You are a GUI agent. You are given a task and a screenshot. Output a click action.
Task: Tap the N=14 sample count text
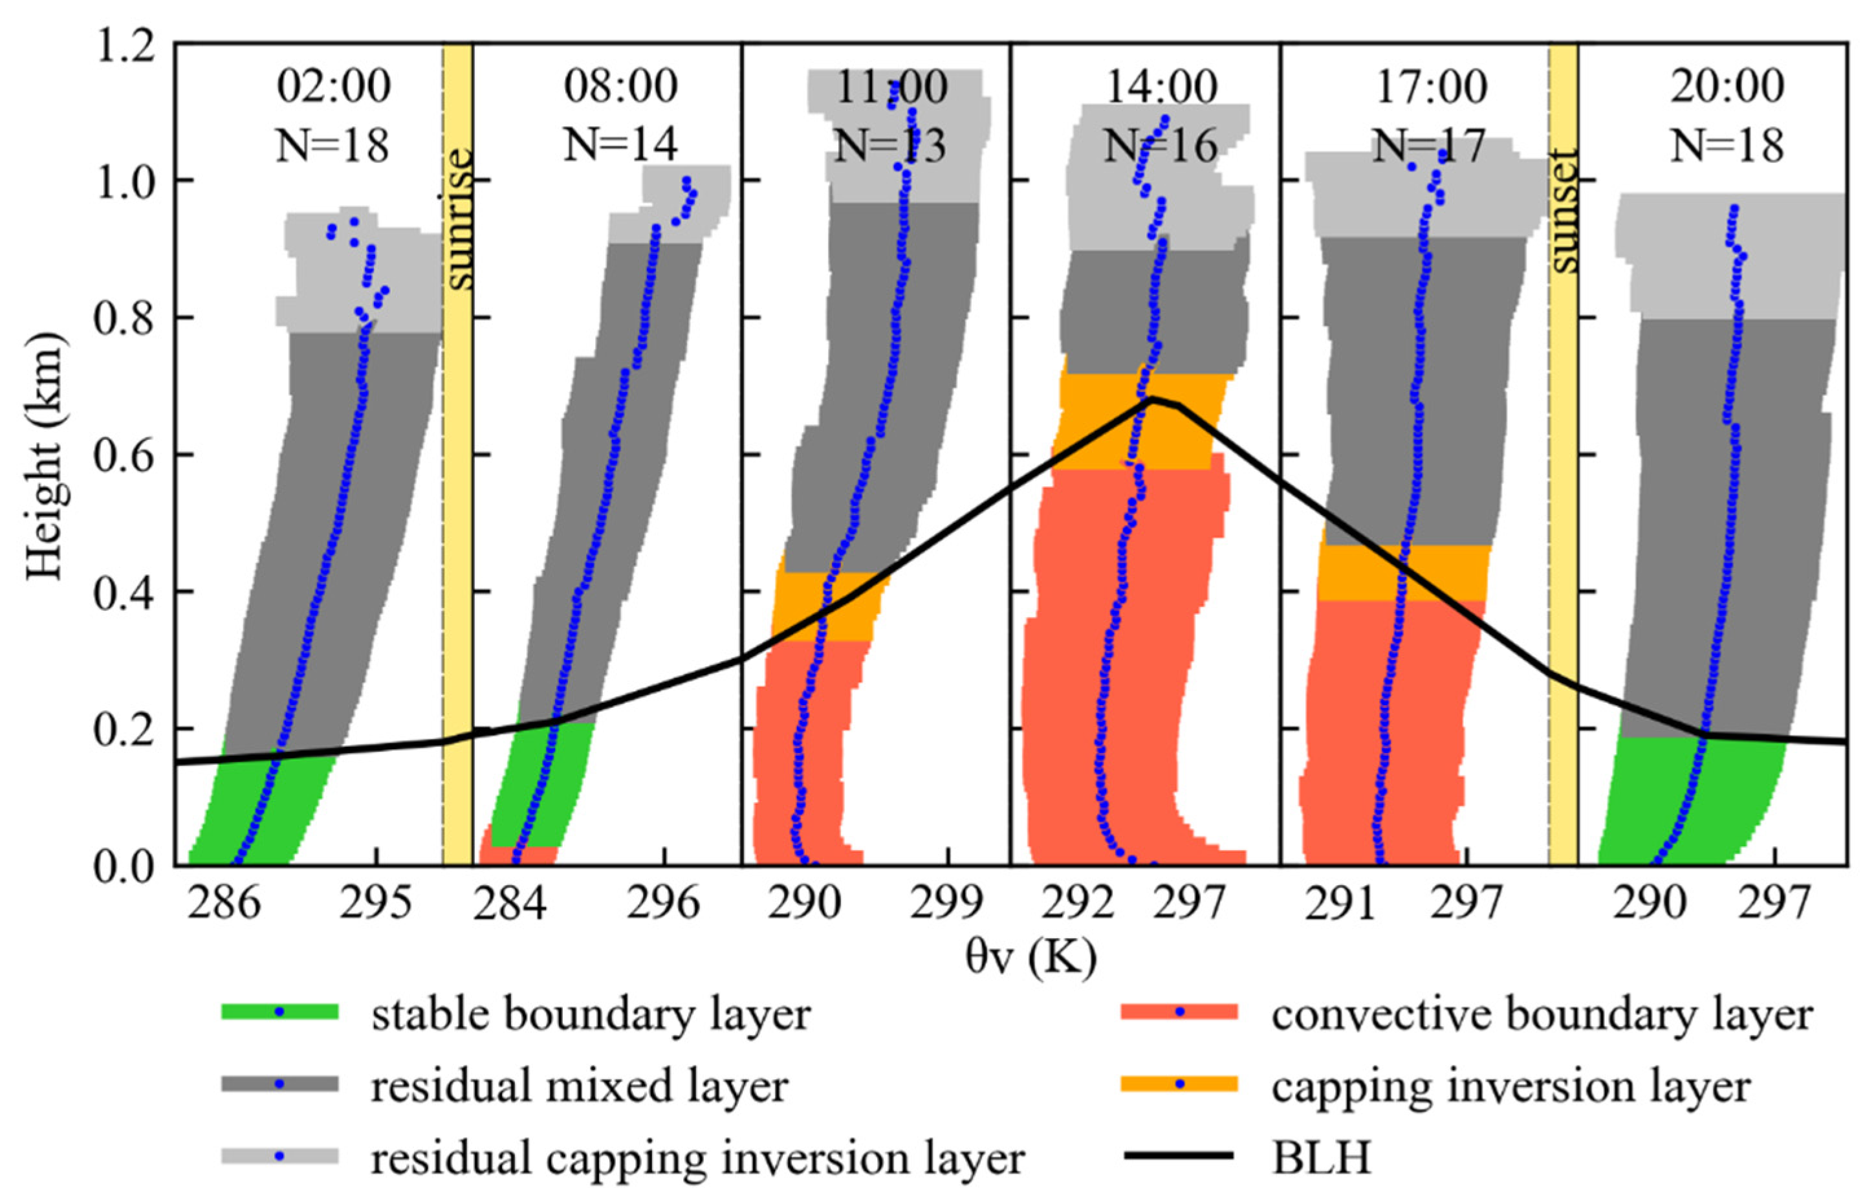point(620,144)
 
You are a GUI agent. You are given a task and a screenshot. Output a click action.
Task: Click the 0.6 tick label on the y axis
point(125,455)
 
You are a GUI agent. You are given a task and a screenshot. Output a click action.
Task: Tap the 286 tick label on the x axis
point(224,904)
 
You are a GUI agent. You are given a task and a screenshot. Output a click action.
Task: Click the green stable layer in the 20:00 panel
point(1688,805)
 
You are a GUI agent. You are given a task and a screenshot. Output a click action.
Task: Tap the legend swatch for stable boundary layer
point(279,1012)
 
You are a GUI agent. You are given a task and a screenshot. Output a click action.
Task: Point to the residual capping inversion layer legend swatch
point(279,1155)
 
